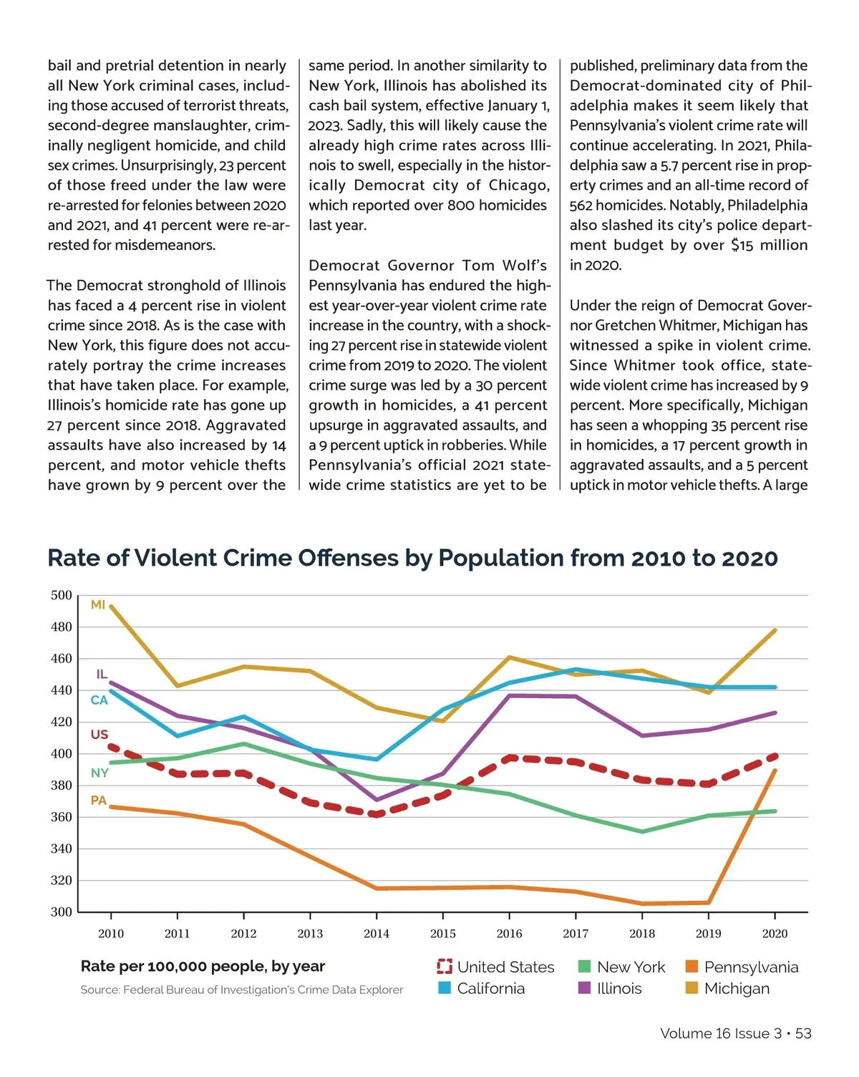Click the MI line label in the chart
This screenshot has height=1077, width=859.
[98, 605]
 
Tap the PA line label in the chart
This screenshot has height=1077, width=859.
[99, 801]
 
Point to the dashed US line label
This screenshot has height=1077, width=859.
[100, 735]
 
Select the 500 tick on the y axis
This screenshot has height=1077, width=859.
[62, 596]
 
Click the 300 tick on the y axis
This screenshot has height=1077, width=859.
[62, 912]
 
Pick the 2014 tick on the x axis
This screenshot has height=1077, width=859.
[377, 934]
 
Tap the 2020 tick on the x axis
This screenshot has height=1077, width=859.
[775, 934]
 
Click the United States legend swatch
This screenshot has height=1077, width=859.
[445, 967]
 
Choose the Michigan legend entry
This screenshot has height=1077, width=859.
[737, 989]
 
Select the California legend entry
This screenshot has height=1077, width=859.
[490, 989]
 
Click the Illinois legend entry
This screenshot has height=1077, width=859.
[619, 989]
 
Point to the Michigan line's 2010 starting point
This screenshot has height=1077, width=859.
[111, 607]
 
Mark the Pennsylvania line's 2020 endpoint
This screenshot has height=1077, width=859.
[775, 771]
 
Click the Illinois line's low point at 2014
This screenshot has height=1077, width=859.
[377, 800]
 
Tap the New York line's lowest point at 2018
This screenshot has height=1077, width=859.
[642, 831]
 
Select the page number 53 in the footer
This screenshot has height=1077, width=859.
[803, 1033]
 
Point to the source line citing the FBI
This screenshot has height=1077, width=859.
[242, 990]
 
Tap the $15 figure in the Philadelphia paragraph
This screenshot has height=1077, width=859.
[742, 246]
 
